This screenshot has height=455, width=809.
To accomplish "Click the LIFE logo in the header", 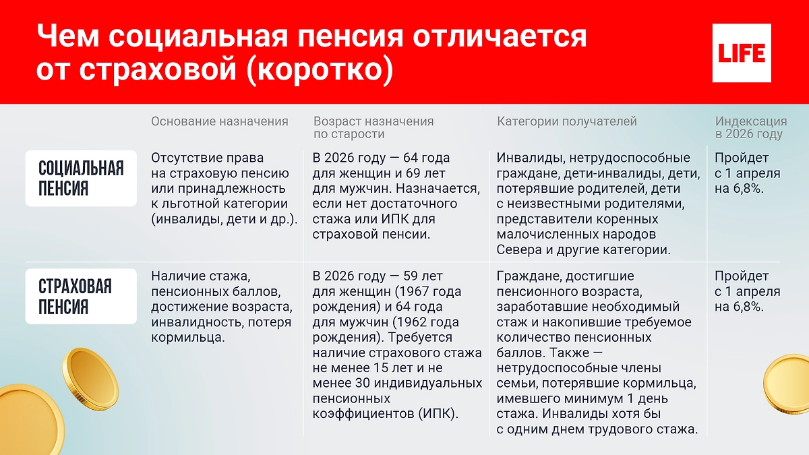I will pos(742,53).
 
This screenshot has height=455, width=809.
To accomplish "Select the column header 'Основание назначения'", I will pos(219,122).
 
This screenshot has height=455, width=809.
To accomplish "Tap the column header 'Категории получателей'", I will pos(566,122).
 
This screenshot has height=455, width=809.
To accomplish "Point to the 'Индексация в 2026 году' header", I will pos(750,128).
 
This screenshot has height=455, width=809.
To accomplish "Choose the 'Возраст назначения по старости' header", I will pos(373,128).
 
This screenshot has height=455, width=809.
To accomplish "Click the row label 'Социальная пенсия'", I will pos(81,178).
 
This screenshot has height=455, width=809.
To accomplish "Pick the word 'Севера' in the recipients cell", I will pos(518,249).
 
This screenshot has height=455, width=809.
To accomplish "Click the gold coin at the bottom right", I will pos(789,388).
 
